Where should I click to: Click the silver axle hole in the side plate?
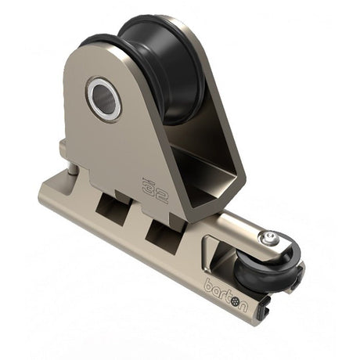(x=104, y=99)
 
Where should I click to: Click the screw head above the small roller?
(x=270, y=238)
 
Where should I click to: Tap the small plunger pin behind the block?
(x=68, y=168)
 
